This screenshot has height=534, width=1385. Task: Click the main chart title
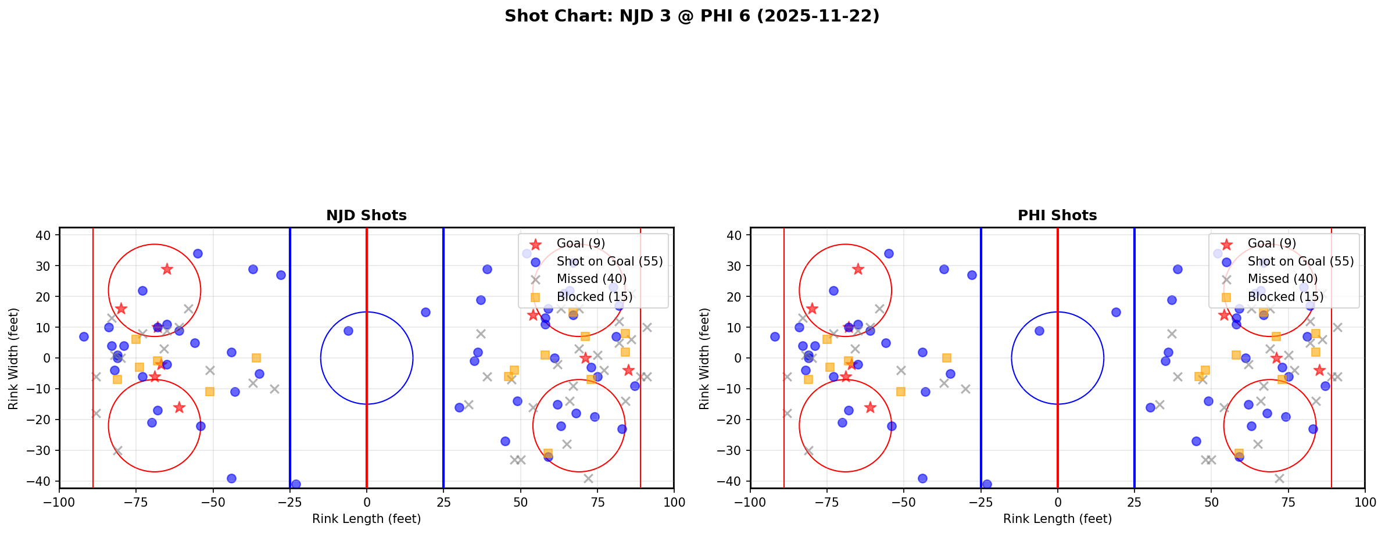pyautogui.click(x=692, y=16)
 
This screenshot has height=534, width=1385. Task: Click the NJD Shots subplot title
pyautogui.click(x=366, y=216)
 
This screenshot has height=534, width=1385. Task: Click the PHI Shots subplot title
pyautogui.click(x=1057, y=216)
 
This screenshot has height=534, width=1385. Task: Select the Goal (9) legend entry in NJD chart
pyautogui.click(x=581, y=243)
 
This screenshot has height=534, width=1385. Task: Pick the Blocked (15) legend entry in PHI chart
pyautogui.click(x=1285, y=297)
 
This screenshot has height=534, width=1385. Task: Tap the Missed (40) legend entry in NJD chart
pyautogui.click(x=591, y=279)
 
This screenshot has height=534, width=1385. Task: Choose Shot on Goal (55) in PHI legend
pyautogui.click(x=1300, y=261)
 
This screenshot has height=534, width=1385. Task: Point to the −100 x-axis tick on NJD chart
pyautogui.click(x=59, y=502)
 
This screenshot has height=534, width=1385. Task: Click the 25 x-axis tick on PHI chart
pyautogui.click(x=1134, y=502)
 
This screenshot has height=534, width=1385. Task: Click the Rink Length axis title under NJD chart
pyautogui.click(x=366, y=519)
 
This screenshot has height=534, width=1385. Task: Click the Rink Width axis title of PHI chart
pyautogui.click(x=704, y=358)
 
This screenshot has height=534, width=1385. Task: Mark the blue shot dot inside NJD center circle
pyautogui.click(x=348, y=331)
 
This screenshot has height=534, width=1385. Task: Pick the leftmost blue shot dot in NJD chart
pyautogui.click(x=84, y=336)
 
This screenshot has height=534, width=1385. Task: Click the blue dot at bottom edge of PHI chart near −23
pyautogui.click(x=987, y=484)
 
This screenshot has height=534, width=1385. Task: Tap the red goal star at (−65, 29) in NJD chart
pyautogui.click(x=167, y=269)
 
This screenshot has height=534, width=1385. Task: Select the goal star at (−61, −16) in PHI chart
pyautogui.click(x=870, y=407)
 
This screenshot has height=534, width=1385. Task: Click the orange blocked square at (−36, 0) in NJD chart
pyautogui.click(x=256, y=358)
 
